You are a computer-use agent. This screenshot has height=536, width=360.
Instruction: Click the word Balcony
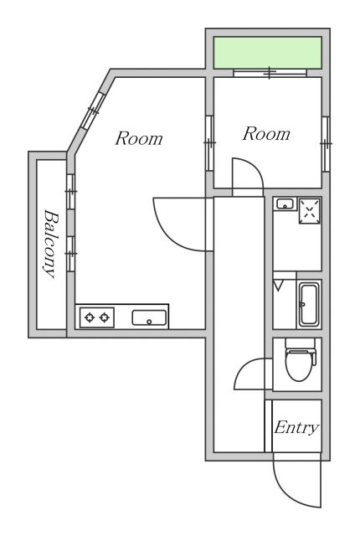pos(49,243)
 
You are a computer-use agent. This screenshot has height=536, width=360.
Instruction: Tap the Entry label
pos(296,428)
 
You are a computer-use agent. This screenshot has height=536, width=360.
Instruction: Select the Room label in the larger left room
pos(138,138)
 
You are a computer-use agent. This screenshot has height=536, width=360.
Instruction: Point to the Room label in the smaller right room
pos(266,133)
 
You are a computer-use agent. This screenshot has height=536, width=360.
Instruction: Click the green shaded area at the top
pos(267,53)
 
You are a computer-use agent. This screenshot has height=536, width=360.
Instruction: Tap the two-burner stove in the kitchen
pos(96,317)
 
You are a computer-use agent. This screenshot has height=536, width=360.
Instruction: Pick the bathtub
pos(308,305)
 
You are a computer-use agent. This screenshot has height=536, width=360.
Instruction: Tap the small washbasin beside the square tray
pos(284,204)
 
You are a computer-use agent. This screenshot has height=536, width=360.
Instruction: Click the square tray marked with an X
pos(309,209)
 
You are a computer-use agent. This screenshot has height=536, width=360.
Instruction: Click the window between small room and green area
pos(269,74)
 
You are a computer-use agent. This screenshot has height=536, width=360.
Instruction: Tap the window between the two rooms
pos(209,143)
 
